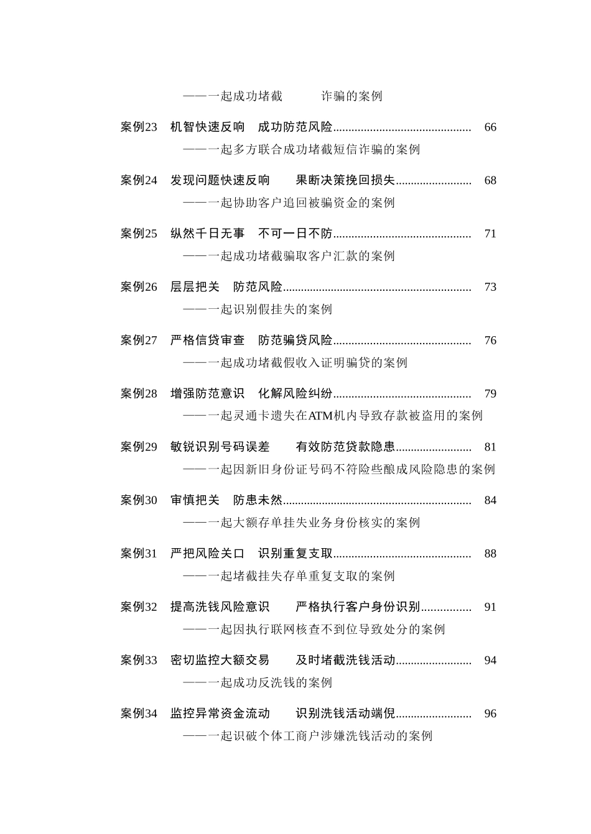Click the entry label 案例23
pos(139,127)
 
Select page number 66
pos(490,127)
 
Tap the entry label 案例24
pos(139,181)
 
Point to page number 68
pos(490,181)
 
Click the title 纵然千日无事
pos(208,234)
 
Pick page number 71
pos(490,234)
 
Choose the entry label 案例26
pos(139,287)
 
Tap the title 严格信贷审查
pos(208,341)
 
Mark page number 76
pos(490,341)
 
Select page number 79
pos(490,394)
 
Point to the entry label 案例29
pos(139,447)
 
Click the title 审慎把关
pos(195,500)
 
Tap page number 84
pos(490,500)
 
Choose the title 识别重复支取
pos(295,554)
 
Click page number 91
pos(490,607)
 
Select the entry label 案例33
pos(139,661)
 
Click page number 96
pos(490,714)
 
